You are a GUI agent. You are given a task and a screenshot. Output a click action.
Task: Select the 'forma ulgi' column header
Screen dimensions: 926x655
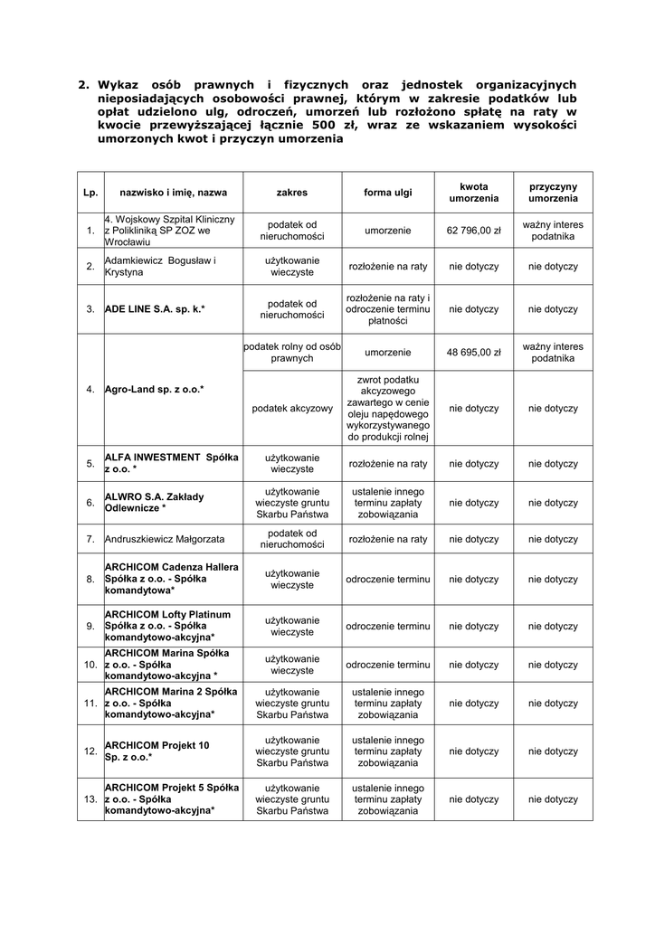[x=387, y=193]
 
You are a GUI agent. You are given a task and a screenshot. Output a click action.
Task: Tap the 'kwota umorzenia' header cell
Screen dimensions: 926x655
[x=474, y=193]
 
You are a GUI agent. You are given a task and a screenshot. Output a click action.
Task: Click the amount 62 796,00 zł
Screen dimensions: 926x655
[x=474, y=231]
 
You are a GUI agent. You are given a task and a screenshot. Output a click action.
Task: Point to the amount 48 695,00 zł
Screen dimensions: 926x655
[x=474, y=353]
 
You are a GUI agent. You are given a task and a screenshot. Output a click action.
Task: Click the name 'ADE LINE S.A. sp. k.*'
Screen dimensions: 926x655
[x=155, y=309]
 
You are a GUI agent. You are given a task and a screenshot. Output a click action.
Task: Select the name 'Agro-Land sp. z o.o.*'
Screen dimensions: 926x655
[x=155, y=390]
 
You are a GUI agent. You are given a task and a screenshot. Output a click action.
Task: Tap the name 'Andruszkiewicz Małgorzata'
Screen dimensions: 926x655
[x=165, y=539]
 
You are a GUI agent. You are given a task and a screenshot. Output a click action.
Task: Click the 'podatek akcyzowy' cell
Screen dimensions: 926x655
[x=292, y=409]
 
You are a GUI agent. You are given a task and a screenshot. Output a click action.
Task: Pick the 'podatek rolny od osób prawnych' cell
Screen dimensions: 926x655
[x=292, y=353]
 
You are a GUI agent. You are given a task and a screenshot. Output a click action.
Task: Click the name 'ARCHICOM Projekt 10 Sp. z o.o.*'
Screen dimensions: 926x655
[x=157, y=751]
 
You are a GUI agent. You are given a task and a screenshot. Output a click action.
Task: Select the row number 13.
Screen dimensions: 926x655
[x=90, y=799]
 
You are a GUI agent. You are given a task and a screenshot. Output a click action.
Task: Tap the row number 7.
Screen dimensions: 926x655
[x=90, y=539]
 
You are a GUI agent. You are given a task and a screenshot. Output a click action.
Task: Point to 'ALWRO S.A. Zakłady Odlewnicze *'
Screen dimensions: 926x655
[x=155, y=502]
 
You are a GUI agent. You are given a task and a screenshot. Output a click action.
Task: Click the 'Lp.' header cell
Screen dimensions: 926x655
[x=90, y=193]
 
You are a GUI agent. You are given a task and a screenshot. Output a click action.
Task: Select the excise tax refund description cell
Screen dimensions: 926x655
[x=387, y=409]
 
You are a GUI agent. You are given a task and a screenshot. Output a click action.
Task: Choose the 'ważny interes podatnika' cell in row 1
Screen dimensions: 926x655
[x=553, y=231]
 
